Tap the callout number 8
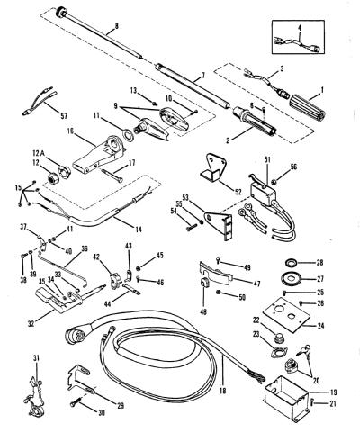pyautogui.click(x=117, y=26)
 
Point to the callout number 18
pyautogui.click(x=222, y=391)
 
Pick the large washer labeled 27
pyautogui.click(x=291, y=278)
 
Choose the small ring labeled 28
pyautogui.click(x=291, y=263)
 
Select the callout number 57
pyautogui.click(x=64, y=115)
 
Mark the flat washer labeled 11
pyautogui.click(x=128, y=135)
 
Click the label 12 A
pyautogui.click(x=37, y=154)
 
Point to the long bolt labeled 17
pyautogui.click(x=112, y=175)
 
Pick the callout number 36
pyautogui.click(x=85, y=248)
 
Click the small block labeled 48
pyautogui.click(x=204, y=283)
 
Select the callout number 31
pyautogui.click(x=36, y=358)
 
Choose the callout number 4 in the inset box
pyautogui.click(x=300, y=28)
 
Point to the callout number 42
pyautogui.click(x=96, y=257)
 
